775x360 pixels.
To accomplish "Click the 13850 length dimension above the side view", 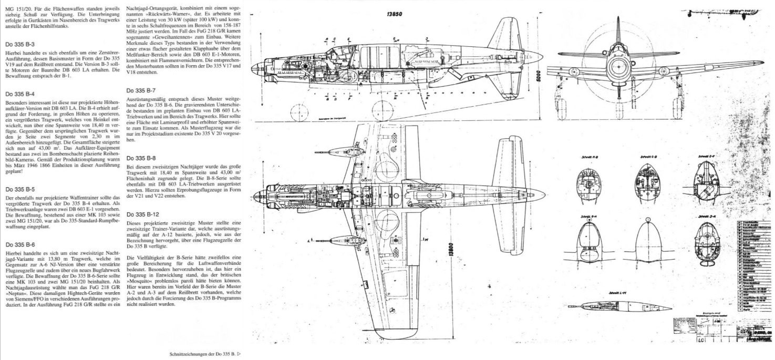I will tap(394, 14).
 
